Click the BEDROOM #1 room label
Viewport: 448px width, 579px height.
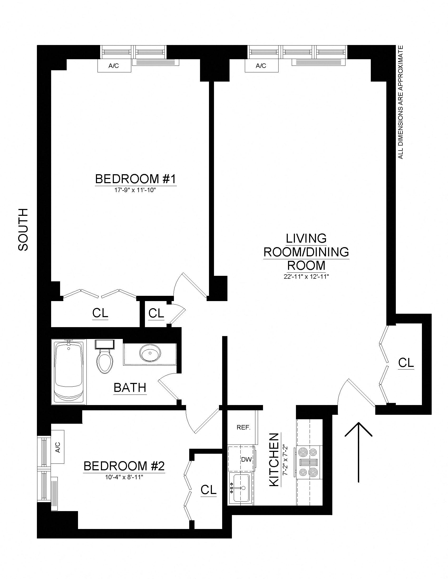coord(135,179)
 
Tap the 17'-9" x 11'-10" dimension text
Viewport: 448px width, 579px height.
coord(135,191)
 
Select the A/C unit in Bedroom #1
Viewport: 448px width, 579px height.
coord(114,66)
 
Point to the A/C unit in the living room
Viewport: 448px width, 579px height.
coord(261,66)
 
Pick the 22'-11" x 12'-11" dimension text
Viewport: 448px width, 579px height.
coord(306,277)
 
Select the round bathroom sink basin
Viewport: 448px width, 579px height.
coord(150,353)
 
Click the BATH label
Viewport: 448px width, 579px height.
coord(130,388)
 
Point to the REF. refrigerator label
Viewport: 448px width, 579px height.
coord(244,427)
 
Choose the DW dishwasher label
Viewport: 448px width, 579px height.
coord(246,460)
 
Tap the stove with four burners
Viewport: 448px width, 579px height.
coord(309,462)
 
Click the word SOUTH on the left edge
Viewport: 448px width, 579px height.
coord(23,229)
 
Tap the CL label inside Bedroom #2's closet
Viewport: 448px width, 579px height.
coord(209,490)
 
